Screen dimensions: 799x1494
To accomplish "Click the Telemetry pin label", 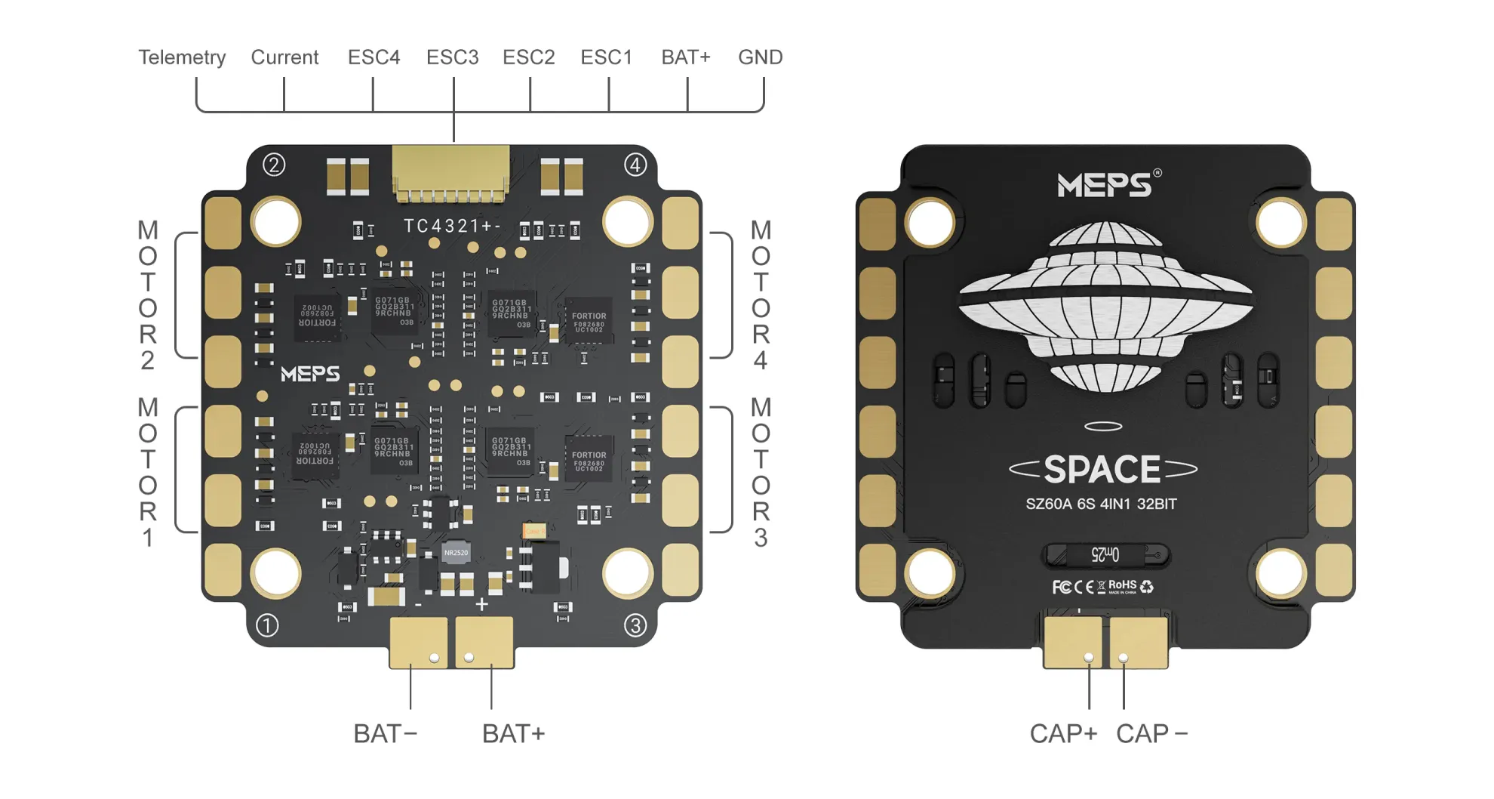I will [182, 57].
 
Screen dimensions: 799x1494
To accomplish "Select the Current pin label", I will [284, 57].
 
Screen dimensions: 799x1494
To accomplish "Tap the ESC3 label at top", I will [452, 57].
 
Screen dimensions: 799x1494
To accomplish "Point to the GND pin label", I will [760, 57].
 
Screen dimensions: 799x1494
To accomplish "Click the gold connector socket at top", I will [450, 172].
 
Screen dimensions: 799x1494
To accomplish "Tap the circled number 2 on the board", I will [274, 165].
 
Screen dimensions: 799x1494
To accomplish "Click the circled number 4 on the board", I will [635, 165].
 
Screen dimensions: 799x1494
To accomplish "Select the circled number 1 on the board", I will [267, 625].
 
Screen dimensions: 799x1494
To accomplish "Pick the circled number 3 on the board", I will [635, 625].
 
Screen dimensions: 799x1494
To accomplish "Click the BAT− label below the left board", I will [385, 733].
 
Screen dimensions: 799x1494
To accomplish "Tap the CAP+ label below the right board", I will [1062, 733].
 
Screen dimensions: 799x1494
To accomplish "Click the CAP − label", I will [1151, 733].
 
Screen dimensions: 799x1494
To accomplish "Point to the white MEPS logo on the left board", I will [310, 374].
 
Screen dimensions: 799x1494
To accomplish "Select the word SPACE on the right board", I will [1102, 470].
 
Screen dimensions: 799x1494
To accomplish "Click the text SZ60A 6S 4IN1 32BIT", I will [1101, 504].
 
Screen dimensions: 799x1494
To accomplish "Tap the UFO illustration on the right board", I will [1105, 302].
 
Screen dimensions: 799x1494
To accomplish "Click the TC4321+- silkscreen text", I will [451, 226].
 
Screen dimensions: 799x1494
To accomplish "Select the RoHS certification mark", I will [1122, 585].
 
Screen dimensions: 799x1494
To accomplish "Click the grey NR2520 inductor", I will [456, 553].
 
